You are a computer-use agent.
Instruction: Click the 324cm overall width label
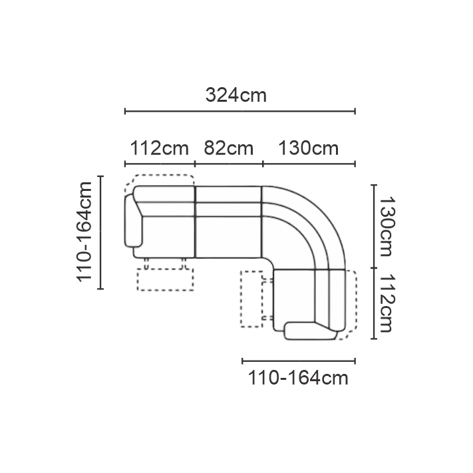point(236,95)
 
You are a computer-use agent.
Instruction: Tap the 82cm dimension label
point(229,148)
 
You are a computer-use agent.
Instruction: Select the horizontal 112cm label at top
point(159,148)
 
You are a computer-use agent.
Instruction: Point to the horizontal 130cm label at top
point(308,148)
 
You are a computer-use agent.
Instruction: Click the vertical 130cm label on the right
point(387,226)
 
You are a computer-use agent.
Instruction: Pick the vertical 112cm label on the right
point(387,303)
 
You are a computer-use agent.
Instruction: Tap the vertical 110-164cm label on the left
point(84,232)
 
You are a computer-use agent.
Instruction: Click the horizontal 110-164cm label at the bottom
point(298,378)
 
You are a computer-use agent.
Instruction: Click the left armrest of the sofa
point(132,221)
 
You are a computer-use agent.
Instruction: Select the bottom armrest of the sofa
point(311,331)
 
